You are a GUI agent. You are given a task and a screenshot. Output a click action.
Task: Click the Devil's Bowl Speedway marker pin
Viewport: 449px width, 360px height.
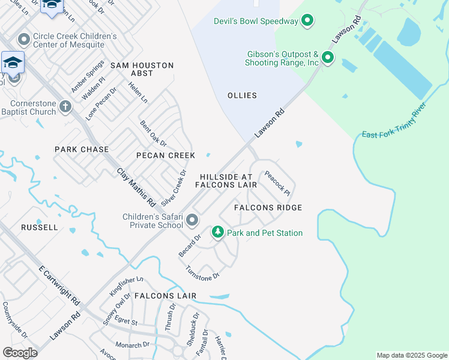[x=307, y=22]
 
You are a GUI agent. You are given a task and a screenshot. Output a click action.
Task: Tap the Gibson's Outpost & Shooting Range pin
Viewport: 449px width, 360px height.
[x=328, y=58]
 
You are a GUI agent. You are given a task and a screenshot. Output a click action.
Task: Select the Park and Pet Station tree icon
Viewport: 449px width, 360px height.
[x=217, y=232]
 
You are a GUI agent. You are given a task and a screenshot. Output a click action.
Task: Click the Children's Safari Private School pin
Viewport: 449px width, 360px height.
[x=192, y=220]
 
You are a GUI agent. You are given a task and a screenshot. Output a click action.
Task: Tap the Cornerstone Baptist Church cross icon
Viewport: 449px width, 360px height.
[x=65, y=107]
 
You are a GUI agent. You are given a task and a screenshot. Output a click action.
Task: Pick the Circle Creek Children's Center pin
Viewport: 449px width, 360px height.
[x=24, y=40]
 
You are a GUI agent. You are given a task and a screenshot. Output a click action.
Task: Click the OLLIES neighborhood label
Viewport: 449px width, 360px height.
[x=243, y=95]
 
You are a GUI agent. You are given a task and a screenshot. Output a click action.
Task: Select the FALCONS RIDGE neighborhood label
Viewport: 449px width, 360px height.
[x=268, y=208]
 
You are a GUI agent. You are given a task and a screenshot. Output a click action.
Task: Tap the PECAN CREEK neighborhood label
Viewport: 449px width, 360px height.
[x=166, y=155]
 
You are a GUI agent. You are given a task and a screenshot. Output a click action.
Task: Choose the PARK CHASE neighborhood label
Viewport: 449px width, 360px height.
[x=82, y=149]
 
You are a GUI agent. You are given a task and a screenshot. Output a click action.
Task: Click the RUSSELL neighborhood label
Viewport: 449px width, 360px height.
[x=40, y=228]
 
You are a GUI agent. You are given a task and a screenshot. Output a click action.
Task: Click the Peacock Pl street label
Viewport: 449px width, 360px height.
[x=277, y=184]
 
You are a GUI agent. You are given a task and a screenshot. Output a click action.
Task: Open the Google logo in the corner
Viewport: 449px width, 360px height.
[x=20, y=353]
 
